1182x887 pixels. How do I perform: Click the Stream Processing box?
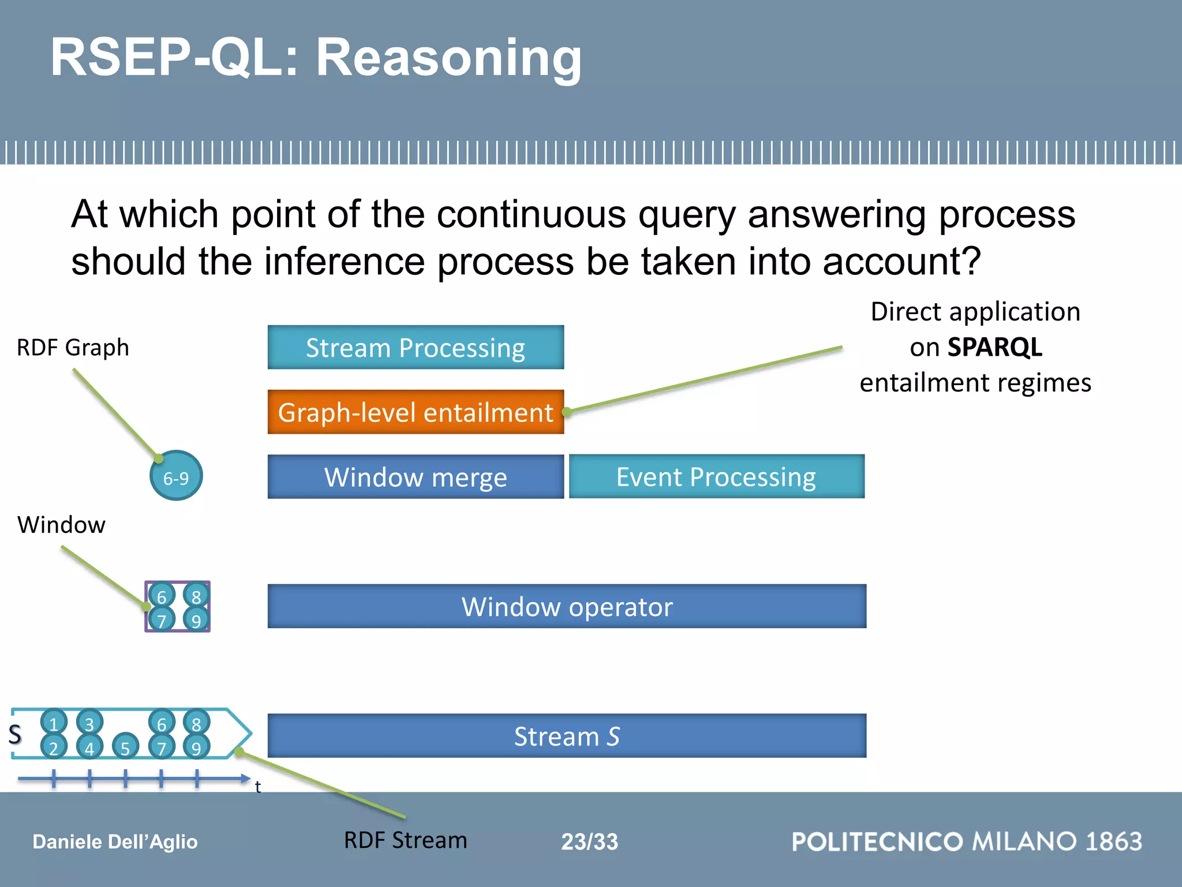coord(416,348)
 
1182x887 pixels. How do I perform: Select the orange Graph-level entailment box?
coord(416,412)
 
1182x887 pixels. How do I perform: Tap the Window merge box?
coord(416,477)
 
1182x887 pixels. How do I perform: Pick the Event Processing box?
coord(716,477)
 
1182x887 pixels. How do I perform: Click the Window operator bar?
coord(567,606)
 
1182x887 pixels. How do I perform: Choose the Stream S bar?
coord(567,736)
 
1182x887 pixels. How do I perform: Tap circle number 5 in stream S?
coord(125,747)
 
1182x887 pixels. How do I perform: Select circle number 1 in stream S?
coord(54,722)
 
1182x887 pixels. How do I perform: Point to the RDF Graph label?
coord(73,348)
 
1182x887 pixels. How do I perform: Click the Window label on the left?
coord(62,525)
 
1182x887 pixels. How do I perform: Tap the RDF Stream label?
coord(405,840)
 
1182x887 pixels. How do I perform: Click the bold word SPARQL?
coord(995,348)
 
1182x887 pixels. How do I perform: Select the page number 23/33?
coord(589,841)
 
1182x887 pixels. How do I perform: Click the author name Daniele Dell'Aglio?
coord(115,842)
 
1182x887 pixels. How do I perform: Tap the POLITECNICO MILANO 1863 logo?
coord(967,841)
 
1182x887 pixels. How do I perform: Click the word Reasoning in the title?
coord(449,58)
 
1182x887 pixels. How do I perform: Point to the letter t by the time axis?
coord(258,787)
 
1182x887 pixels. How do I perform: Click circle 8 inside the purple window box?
coord(196,595)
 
